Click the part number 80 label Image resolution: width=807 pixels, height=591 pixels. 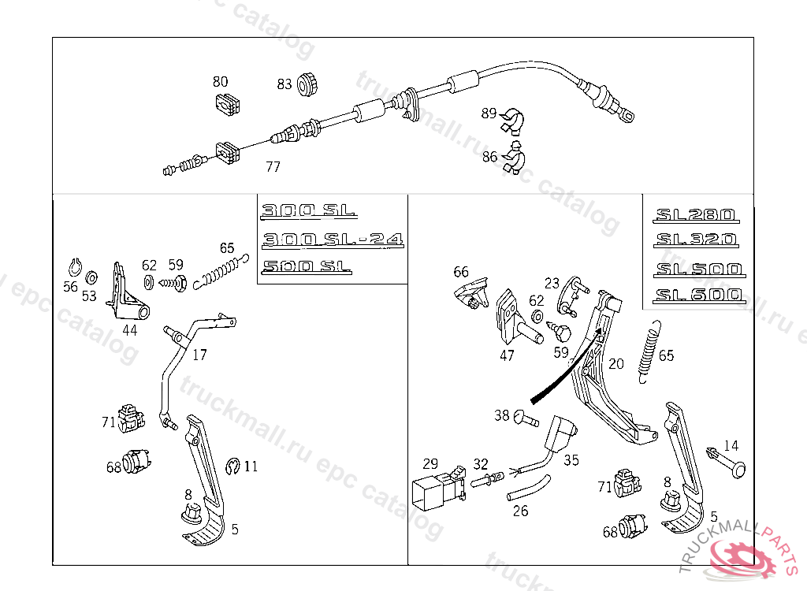(x=221, y=81)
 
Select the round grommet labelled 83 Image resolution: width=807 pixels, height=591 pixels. (x=308, y=82)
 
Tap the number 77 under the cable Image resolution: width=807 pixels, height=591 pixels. (x=273, y=167)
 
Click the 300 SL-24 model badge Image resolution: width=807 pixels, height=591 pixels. (x=333, y=239)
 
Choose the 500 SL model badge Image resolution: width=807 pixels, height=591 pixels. (x=307, y=267)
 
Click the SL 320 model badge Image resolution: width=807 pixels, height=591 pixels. (x=695, y=239)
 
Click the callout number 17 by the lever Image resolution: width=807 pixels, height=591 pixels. (x=200, y=355)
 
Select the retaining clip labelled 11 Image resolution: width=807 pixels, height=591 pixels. (x=232, y=466)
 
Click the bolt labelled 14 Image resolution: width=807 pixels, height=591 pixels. (x=728, y=466)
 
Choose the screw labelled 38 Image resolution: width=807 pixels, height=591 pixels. (x=526, y=417)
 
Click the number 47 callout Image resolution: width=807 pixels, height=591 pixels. (x=507, y=355)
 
